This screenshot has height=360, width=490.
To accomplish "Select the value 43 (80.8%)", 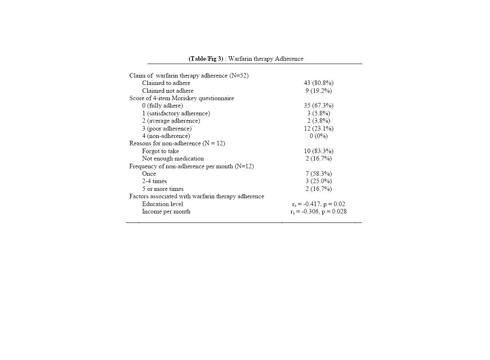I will pos(318,83).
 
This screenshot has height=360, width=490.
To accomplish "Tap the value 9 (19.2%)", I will pos(318,91).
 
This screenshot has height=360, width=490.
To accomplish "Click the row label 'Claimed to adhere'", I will pos(166,83).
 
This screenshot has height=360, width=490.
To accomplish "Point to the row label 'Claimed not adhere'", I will pos(168,91).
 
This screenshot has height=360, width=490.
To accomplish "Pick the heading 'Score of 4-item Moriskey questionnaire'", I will pos(182,98).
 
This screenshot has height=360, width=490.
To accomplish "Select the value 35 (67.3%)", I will pos(318,105).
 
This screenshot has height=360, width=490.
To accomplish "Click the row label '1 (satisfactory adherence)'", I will pos(176,113).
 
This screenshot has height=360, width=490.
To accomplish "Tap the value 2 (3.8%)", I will pos(318,121).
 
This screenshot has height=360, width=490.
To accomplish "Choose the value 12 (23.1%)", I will pos(318,128).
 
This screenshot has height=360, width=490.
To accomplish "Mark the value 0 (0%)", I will pos(318,136).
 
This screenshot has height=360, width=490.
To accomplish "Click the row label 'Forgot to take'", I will pos(160,151).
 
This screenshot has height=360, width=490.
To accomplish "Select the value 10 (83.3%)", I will pos(318,151).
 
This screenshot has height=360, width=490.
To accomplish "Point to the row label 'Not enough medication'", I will pos(173,158).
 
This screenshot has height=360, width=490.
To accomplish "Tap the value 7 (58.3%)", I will pos(318,174).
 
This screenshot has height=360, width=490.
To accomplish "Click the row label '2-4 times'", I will pos(154,181).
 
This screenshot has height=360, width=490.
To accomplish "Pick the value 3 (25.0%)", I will pos(318,181).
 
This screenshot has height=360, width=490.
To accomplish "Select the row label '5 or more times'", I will pos(163,189).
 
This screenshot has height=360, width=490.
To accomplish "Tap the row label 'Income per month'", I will pos(166,212).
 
